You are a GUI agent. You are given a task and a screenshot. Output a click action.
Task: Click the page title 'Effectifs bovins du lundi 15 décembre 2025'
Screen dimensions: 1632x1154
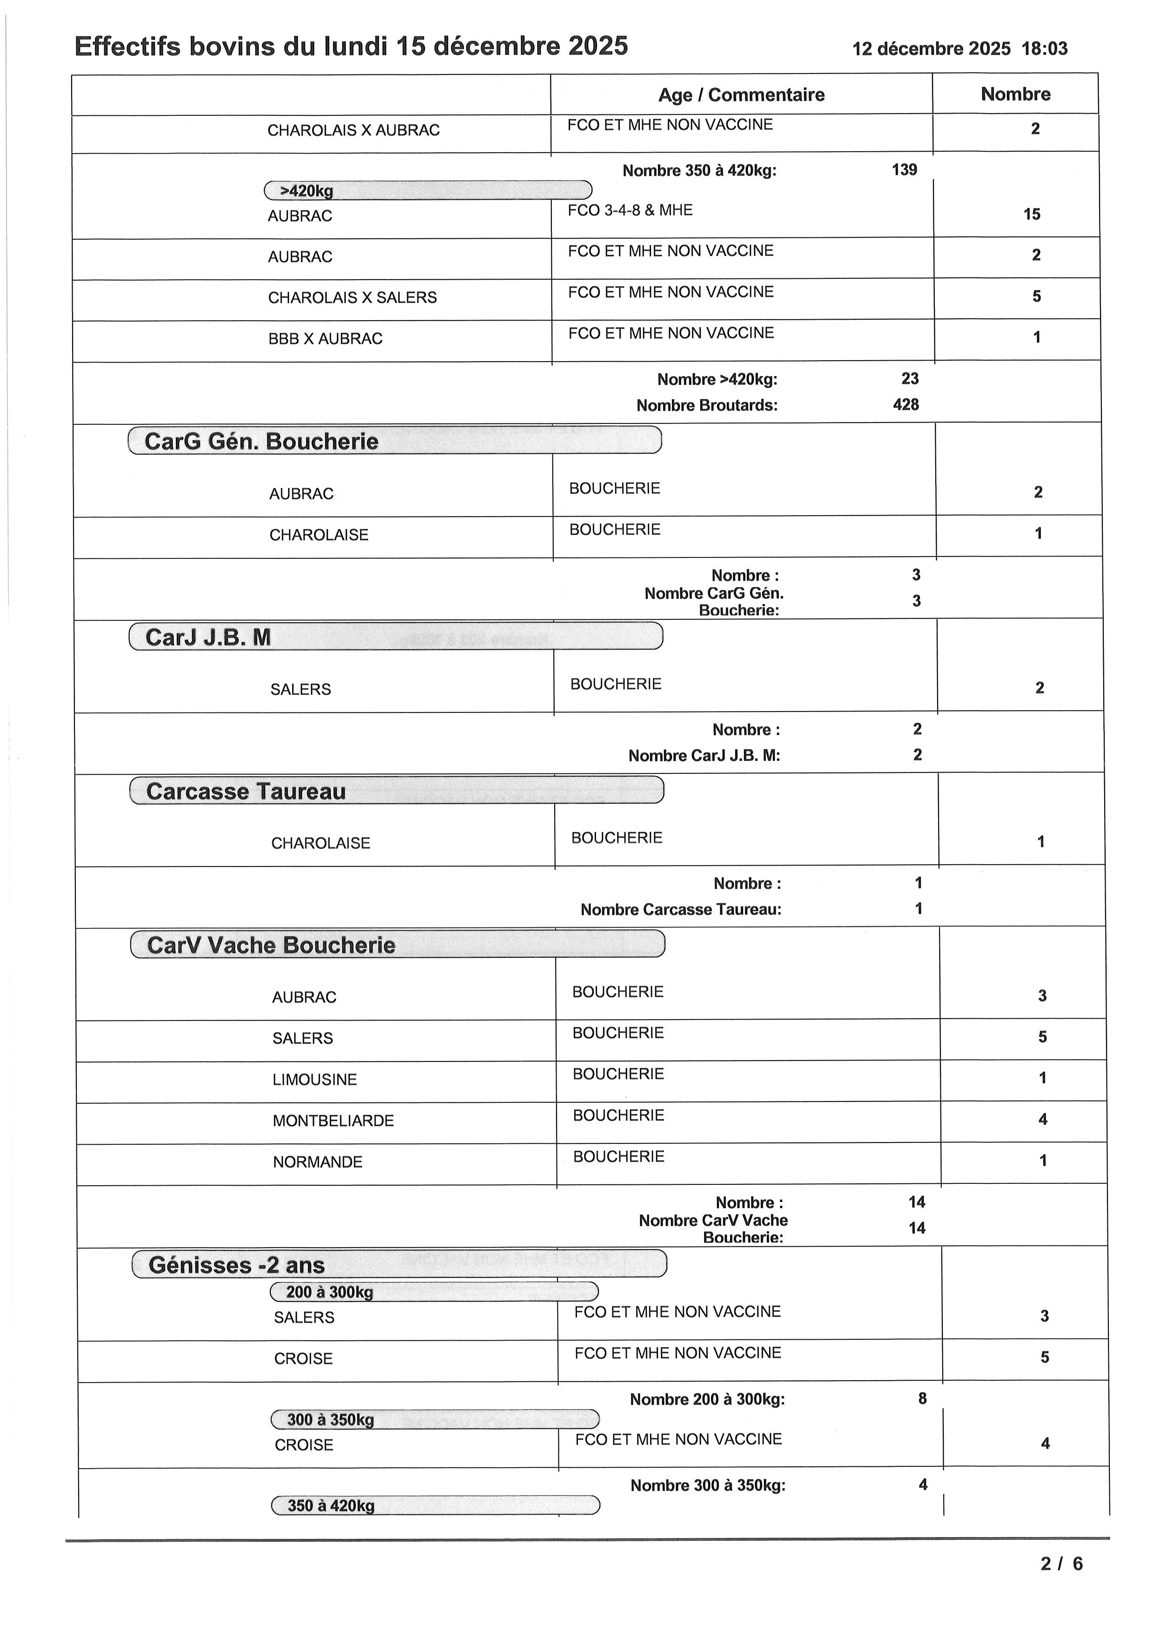pos(351,47)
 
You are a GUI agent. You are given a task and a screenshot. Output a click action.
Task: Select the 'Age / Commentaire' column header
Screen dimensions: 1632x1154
pos(741,95)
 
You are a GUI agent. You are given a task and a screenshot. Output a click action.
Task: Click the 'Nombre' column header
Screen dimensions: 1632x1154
pos(1015,94)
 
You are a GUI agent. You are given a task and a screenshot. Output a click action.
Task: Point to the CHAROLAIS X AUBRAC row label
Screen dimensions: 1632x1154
pos(353,131)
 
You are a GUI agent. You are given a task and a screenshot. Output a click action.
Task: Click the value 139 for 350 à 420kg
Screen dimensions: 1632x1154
pos(904,170)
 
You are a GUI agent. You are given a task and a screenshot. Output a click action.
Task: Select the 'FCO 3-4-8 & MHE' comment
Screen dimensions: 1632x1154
pos(630,210)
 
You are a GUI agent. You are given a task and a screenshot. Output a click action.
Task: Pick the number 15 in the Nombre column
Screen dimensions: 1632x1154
pos(1031,214)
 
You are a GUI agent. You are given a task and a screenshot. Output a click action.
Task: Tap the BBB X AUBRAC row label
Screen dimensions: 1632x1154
pos(325,339)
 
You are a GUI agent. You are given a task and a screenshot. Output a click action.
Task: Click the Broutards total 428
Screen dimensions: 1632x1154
pos(906,405)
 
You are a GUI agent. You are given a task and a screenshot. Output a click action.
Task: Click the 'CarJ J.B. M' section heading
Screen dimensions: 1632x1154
pos(208,638)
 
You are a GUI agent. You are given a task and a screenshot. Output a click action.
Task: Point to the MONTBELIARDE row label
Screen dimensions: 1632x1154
pos(333,1121)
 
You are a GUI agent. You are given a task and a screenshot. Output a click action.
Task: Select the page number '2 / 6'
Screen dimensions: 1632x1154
pos(1061,1564)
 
